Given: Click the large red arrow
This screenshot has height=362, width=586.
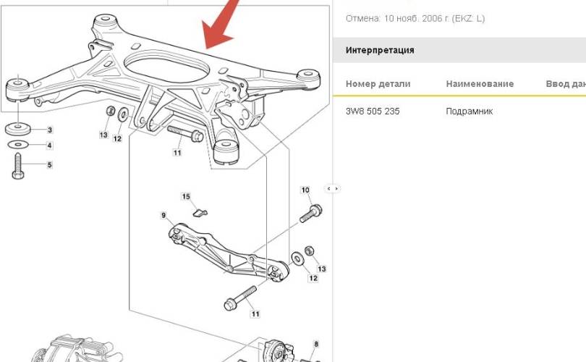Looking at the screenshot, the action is (221, 27).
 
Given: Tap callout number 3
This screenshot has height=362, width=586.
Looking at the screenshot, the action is (50, 130).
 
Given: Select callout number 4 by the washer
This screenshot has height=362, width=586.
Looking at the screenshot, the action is (49, 145).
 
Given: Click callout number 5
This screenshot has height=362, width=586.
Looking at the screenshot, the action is (50, 164).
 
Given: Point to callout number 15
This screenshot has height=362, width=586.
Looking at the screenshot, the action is (186, 196).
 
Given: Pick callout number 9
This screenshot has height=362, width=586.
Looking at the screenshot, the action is (164, 216).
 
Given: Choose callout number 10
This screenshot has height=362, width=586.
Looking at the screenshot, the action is (305, 190).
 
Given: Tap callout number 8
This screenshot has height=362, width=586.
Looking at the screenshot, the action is (316, 344).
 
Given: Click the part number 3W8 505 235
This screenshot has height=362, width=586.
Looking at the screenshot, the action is (373, 111).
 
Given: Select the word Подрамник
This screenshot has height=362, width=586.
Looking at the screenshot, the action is (470, 111).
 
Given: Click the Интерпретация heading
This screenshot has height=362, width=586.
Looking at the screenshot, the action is (380, 50).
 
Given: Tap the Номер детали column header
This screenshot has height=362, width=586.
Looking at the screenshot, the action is (378, 84).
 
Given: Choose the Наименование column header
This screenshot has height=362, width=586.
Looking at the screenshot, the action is (480, 84).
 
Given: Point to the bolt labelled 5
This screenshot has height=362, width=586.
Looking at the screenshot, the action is (17, 166).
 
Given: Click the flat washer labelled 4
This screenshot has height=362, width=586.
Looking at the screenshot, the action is (17, 144).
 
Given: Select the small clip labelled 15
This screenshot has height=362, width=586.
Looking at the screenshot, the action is (200, 213).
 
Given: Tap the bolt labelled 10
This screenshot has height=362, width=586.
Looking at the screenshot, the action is (311, 214).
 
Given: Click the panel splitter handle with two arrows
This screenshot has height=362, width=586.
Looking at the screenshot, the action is (333, 188).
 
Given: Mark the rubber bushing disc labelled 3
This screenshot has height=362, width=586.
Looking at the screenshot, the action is (17, 128).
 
